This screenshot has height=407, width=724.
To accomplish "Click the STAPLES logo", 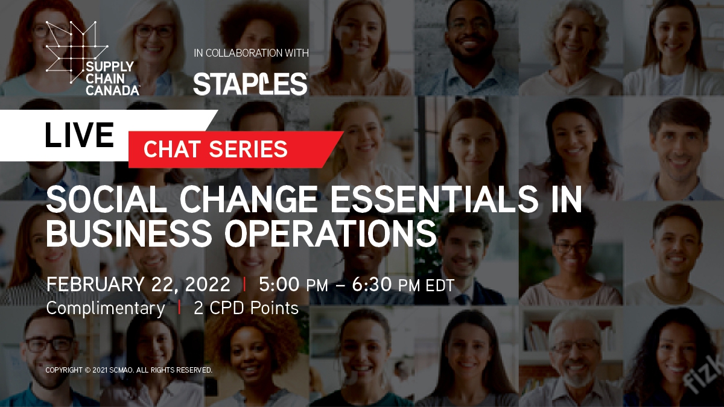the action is coord(250,84).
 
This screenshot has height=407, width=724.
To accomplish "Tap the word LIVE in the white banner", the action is coord(79,134).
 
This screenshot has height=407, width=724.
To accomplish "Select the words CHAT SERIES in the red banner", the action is coord(215,149).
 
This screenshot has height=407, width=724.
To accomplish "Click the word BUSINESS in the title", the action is coord(129,233).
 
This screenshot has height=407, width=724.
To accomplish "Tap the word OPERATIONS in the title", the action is coord(331,233).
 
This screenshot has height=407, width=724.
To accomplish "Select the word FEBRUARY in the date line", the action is coord(95,284).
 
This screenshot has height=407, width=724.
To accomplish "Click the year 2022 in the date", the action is coord(208,284).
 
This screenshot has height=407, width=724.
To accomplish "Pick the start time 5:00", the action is coord(279,284).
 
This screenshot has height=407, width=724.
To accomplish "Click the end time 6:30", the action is coord(372,284).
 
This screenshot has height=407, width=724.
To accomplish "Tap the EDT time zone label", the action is coord(440,286).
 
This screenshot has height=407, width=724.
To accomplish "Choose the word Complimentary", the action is coord(106,309).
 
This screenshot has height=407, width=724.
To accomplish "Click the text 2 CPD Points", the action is coord(246,308).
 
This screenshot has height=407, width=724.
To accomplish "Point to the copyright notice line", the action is coord(129,370).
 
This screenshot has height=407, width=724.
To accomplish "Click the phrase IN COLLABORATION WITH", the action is coord(251,53).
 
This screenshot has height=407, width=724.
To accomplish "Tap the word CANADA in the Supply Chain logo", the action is coord(112,90).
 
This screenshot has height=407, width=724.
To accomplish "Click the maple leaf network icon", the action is coord(77,52).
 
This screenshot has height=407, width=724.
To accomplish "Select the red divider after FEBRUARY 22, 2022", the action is coord(244,285).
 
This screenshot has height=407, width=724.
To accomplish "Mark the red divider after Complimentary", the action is coord(179,308).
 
